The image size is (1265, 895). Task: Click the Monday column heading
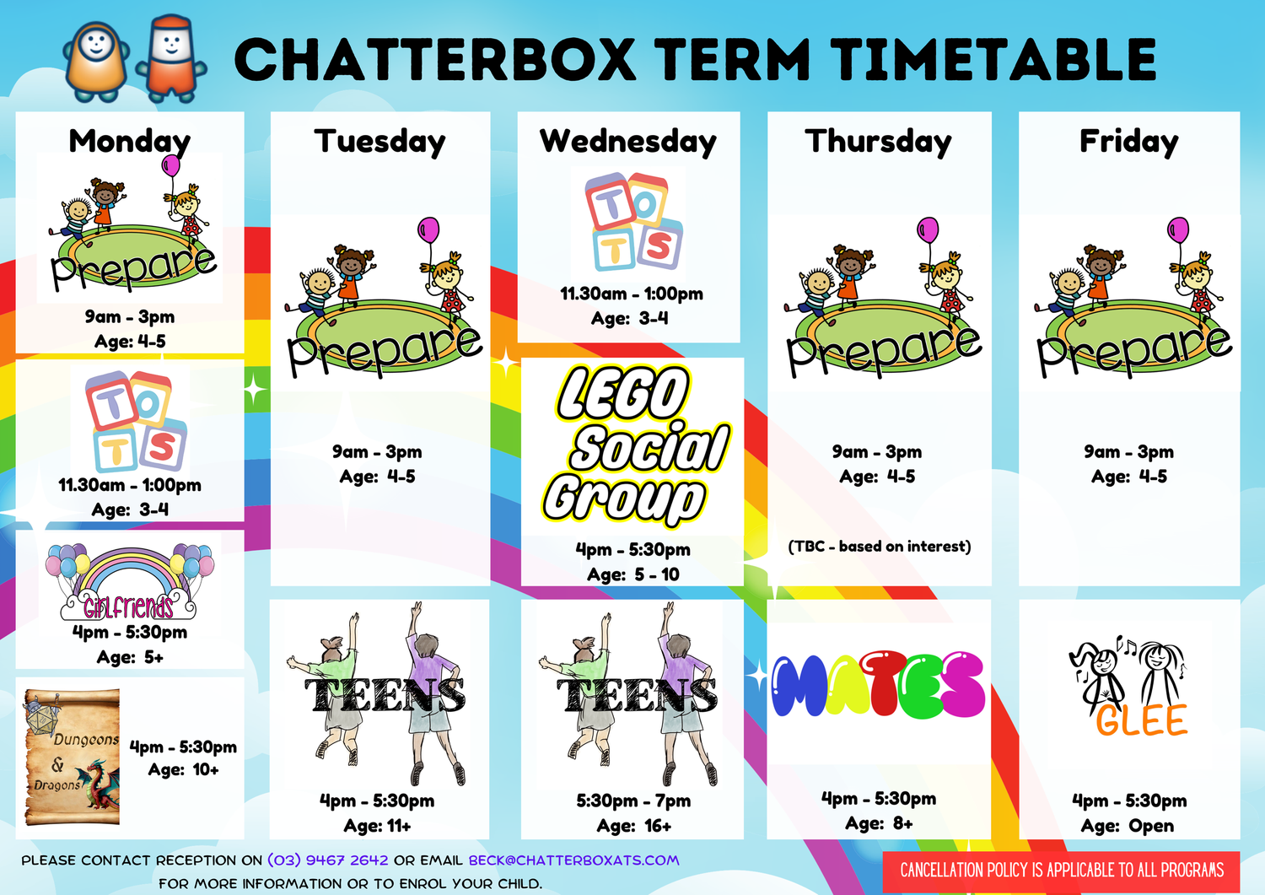pos(130,141)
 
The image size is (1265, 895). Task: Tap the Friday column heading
pos(1128,141)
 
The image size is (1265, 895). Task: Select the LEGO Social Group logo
pos(634,444)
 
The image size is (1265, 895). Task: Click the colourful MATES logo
pos(879,685)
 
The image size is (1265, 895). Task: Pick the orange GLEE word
pos(1141,720)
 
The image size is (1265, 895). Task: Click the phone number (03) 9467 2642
pos(328,860)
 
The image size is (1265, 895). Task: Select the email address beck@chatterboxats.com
pos(573,860)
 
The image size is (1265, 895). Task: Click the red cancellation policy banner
pos(1061,871)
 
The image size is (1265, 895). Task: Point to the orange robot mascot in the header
pos(95,57)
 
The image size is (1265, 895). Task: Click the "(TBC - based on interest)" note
pos(879,547)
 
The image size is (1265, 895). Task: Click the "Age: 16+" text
pos(633,826)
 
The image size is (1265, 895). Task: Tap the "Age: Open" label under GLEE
pos(1128,826)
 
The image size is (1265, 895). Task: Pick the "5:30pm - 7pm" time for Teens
pos(633,801)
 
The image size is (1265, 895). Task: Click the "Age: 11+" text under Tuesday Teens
pos(377,826)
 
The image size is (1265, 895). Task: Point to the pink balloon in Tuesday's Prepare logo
pos(428,229)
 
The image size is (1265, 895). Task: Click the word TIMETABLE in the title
pos(993,59)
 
